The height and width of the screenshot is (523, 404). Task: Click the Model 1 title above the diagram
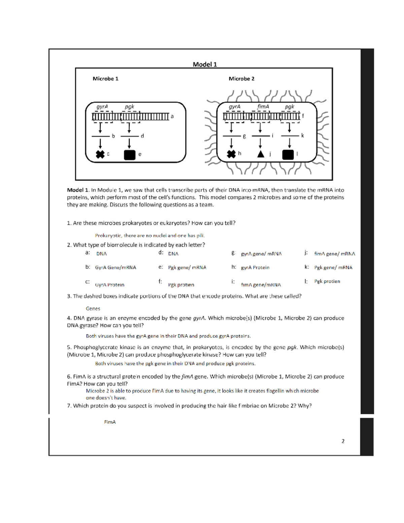click(205, 64)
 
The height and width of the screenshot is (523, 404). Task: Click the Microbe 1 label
click(105, 79)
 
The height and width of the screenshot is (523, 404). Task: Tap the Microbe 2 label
click(241, 79)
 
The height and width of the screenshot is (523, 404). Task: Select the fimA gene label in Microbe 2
click(263, 106)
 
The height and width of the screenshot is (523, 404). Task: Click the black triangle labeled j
click(261, 154)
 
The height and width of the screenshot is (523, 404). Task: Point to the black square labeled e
click(130, 155)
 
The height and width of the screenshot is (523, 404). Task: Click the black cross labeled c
click(100, 154)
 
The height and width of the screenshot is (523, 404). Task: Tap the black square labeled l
click(288, 155)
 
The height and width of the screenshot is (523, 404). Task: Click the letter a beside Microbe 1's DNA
click(172, 117)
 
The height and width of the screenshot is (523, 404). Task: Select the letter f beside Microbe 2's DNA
click(303, 116)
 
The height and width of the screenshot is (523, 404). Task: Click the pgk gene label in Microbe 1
click(129, 106)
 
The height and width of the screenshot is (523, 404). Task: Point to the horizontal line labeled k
click(290, 136)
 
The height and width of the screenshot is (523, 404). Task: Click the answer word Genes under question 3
click(93, 308)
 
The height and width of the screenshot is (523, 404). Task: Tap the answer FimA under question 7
click(110, 422)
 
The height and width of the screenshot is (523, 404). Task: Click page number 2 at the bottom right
click(343, 441)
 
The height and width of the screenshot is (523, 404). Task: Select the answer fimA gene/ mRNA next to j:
click(334, 254)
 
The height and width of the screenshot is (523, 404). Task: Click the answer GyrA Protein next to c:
click(109, 285)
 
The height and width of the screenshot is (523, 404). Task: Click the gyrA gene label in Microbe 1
click(102, 106)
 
